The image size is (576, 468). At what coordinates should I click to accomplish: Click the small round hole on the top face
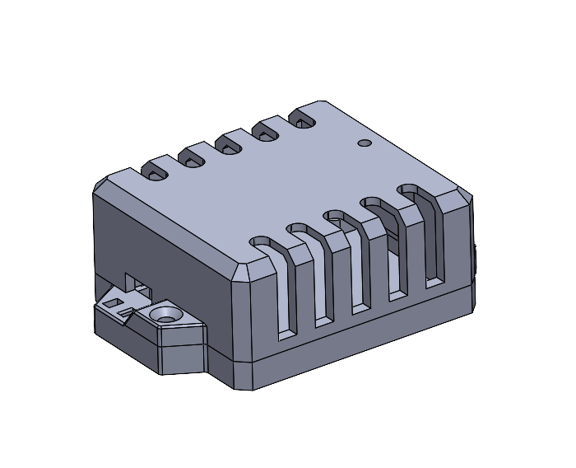(x=365, y=143)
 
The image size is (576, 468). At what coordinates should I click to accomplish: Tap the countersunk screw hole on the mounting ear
(x=167, y=314)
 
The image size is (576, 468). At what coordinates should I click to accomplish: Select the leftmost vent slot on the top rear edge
(x=154, y=171)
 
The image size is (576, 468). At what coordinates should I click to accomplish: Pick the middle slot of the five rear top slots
(x=230, y=146)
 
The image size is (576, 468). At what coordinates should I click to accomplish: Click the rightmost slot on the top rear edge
(x=304, y=122)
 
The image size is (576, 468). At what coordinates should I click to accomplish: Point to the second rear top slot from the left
(x=193, y=158)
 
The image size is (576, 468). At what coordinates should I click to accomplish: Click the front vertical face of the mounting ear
(x=181, y=358)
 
